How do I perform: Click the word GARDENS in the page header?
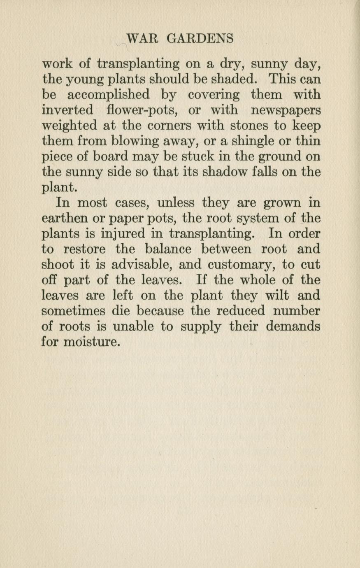pos(200,39)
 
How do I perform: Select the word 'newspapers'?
pos(286,110)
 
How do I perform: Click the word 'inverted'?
pos(68,110)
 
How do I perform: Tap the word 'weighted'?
pos(70,126)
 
